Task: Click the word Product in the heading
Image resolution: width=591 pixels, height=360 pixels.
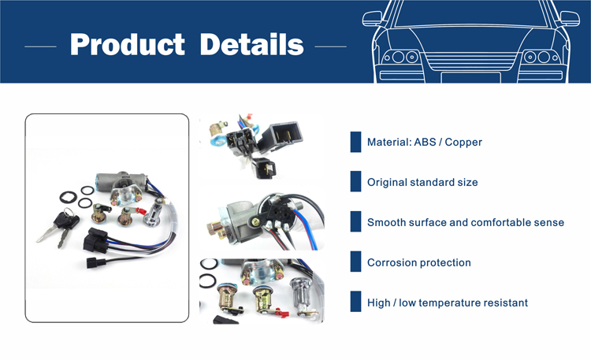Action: (128, 44)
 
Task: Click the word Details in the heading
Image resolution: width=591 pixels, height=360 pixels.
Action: (252, 44)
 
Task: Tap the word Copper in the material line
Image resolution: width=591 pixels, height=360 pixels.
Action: (463, 142)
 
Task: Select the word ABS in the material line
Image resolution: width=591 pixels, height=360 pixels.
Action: (425, 142)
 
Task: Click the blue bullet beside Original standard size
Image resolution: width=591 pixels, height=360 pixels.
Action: (355, 181)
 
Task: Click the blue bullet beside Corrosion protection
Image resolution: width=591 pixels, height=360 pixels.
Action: (355, 262)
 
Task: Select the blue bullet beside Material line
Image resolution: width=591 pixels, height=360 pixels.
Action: (355, 142)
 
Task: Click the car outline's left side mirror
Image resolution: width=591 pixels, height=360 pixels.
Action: (372, 19)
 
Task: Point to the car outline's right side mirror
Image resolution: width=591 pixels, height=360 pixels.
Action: (570, 19)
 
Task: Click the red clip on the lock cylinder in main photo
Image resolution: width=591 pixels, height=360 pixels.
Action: (140, 211)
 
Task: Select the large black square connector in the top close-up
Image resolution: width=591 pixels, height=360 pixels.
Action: (282, 136)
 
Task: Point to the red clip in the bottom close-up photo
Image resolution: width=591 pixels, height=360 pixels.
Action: (282, 312)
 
